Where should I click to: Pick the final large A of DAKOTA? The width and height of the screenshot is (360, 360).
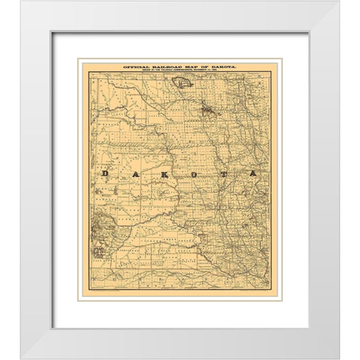click(x=253, y=174)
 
